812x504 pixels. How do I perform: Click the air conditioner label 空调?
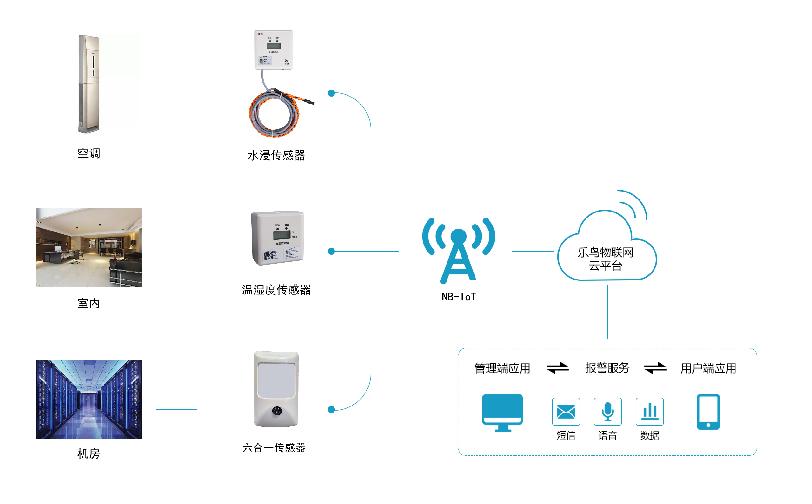tap(89, 154)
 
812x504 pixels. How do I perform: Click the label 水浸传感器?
tap(276, 155)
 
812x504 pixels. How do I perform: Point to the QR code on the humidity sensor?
tap(268, 255)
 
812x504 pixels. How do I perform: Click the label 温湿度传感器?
tap(276, 290)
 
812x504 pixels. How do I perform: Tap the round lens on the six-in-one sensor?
tap(277, 410)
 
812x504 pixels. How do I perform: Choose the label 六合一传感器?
tap(274, 448)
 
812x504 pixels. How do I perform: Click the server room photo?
tap(89, 399)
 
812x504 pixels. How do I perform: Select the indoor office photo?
tap(89, 247)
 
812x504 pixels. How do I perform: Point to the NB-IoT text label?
tap(459, 297)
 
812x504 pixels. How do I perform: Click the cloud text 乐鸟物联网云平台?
tap(605, 259)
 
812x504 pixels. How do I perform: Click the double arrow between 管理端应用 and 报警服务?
tap(557, 368)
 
